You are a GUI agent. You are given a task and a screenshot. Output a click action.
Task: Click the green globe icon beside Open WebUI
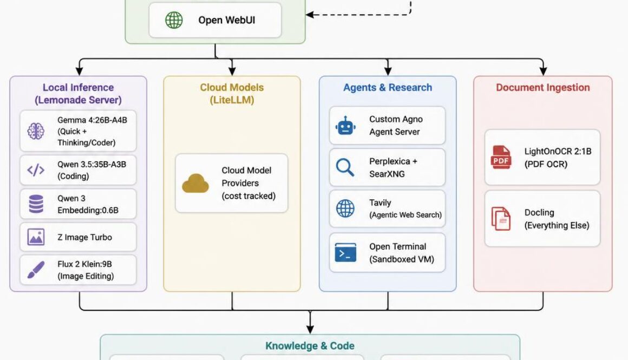[174, 21]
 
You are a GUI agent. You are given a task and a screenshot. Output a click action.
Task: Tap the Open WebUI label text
[226, 21]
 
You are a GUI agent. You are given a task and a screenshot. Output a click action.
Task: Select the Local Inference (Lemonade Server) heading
[78, 94]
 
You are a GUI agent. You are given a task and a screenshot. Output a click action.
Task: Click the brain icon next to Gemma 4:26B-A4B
[36, 132]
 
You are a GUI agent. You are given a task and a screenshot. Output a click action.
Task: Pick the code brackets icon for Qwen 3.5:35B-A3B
[36, 171]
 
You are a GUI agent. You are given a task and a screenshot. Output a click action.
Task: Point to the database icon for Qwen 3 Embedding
[36, 204]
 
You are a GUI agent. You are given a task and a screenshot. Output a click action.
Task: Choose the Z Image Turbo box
[78, 237]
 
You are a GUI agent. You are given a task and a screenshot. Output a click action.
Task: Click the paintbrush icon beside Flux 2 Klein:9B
[36, 270]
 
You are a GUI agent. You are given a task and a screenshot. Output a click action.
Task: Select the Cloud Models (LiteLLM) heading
[232, 94]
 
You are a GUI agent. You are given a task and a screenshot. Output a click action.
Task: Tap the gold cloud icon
[195, 184]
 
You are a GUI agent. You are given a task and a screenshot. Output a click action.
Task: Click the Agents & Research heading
[388, 88]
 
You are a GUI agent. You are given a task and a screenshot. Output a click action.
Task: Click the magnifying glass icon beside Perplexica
[345, 167]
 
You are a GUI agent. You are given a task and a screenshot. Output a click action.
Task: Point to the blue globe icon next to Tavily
[345, 208]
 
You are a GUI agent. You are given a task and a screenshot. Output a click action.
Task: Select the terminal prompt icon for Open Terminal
[345, 253]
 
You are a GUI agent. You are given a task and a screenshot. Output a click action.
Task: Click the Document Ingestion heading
[543, 88]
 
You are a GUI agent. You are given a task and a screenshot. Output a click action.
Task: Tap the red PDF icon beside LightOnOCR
[501, 158]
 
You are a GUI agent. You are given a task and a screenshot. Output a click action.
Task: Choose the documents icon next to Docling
[501, 219]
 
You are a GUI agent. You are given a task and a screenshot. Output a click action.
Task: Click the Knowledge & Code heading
[310, 346]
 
